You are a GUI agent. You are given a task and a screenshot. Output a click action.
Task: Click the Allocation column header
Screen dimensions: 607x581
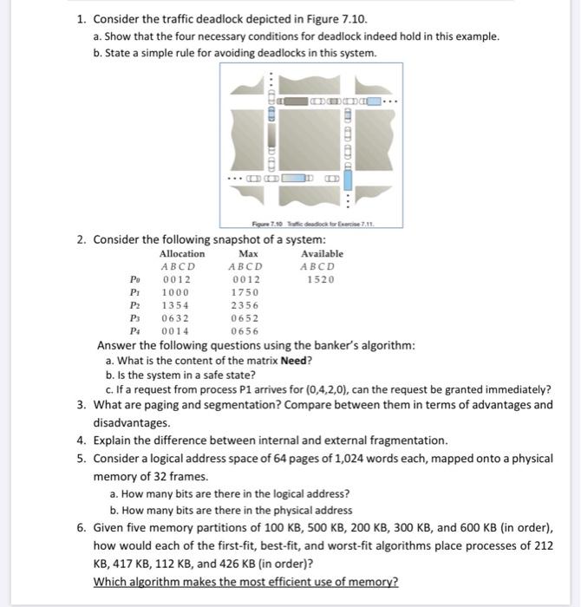click(182, 253)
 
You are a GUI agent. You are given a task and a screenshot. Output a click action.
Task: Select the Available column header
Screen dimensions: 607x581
click(322, 253)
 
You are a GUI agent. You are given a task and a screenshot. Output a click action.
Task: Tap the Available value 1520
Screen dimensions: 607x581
click(321, 279)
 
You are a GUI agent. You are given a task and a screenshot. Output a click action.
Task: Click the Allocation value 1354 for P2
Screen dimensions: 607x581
click(176, 306)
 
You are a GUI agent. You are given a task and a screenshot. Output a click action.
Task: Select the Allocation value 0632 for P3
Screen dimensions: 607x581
click(176, 318)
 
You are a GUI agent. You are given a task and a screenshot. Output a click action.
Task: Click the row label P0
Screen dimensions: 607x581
click(132, 280)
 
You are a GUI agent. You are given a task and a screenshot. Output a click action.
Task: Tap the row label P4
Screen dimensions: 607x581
click(132, 331)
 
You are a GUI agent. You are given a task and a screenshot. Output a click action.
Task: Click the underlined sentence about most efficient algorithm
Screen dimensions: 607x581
click(245, 581)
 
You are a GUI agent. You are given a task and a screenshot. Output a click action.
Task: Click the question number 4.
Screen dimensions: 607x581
click(80, 441)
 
